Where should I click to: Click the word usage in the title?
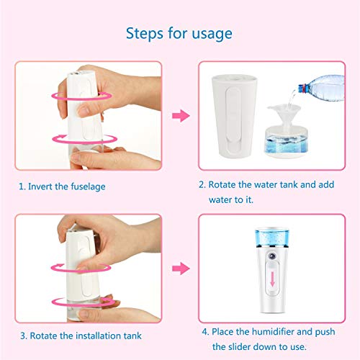click(x=212, y=34)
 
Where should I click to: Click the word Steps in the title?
click(x=145, y=34)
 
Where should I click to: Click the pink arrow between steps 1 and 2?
click(x=181, y=116)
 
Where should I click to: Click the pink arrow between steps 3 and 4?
click(x=181, y=269)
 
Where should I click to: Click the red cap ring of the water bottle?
click(x=304, y=89)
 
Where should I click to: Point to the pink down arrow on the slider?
click(x=272, y=279)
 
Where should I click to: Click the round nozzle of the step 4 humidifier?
click(x=272, y=256)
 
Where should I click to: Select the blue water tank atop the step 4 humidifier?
click(x=272, y=238)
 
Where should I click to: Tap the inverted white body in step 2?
click(x=235, y=116)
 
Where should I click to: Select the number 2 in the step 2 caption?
click(x=202, y=185)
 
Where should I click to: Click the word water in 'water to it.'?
click(x=220, y=200)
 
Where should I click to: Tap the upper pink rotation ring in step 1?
click(x=82, y=96)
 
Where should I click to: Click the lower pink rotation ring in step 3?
click(x=84, y=302)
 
